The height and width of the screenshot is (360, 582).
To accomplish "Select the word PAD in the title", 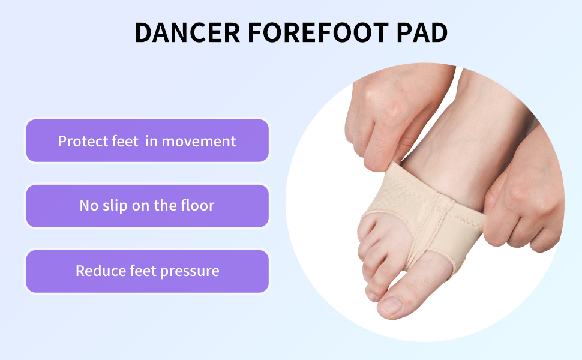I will tap(419, 32).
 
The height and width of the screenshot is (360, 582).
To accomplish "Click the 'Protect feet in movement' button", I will tap(147, 141).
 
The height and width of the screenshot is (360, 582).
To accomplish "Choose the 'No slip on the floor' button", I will tap(147, 206).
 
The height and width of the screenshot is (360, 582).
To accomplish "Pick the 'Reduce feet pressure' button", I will tap(147, 271).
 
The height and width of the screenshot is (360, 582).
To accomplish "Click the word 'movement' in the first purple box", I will tap(199, 142).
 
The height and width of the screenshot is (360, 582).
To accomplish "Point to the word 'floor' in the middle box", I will tap(197, 206).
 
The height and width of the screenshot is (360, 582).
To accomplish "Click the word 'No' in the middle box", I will tap(89, 206).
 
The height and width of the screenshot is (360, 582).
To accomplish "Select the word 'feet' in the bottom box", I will tap(143, 271).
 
